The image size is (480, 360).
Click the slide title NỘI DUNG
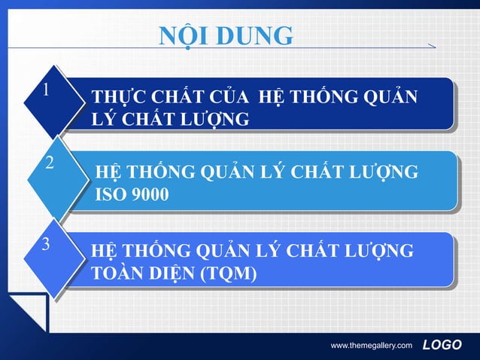(226, 35)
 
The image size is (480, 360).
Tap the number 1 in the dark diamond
(47, 91)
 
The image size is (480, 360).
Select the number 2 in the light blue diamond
(50, 163)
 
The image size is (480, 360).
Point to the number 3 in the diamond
(47, 245)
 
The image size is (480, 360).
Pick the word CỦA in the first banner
(227, 99)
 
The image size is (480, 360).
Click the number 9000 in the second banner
(150, 195)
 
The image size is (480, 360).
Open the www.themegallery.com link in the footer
(372, 346)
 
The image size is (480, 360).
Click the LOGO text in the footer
(442, 345)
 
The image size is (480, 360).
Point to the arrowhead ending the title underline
(431, 47)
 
